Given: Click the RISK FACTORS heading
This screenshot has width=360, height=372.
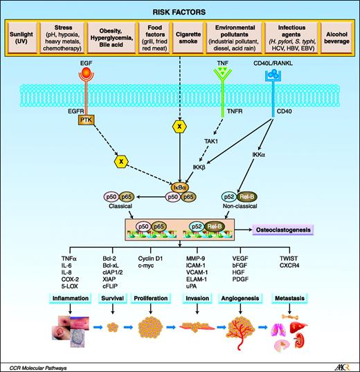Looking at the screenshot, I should tap(180, 10).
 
